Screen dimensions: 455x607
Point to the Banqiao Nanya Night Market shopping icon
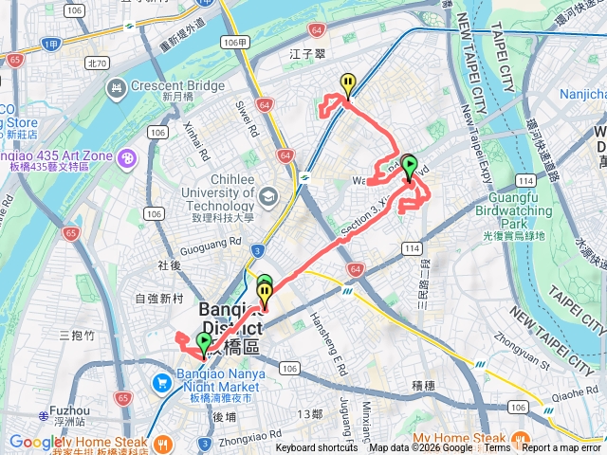click(x=160, y=385)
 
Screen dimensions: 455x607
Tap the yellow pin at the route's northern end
click(x=349, y=84)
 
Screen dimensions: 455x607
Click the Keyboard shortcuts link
click(x=317, y=448)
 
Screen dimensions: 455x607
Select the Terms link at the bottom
click(x=497, y=448)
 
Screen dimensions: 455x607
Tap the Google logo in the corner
click(x=35, y=442)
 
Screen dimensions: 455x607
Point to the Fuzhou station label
click(x=63, y=411)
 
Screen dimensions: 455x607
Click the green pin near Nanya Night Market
click(x=204, y=343)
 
